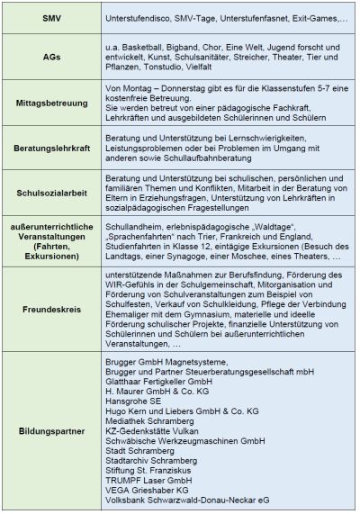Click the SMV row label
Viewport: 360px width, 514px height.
click(x=50, y=19)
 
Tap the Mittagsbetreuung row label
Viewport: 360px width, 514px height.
click(x=50, y=102)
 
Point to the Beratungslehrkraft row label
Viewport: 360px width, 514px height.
click(x=50, y=146)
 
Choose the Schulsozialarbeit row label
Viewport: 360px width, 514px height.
click(x=50, y=191)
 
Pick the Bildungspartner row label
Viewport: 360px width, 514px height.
click(x=50, y=430)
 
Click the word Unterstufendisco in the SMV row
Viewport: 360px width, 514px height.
click(x=137, y=19)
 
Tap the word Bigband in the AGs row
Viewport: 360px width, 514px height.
click(x=191, y=42)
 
